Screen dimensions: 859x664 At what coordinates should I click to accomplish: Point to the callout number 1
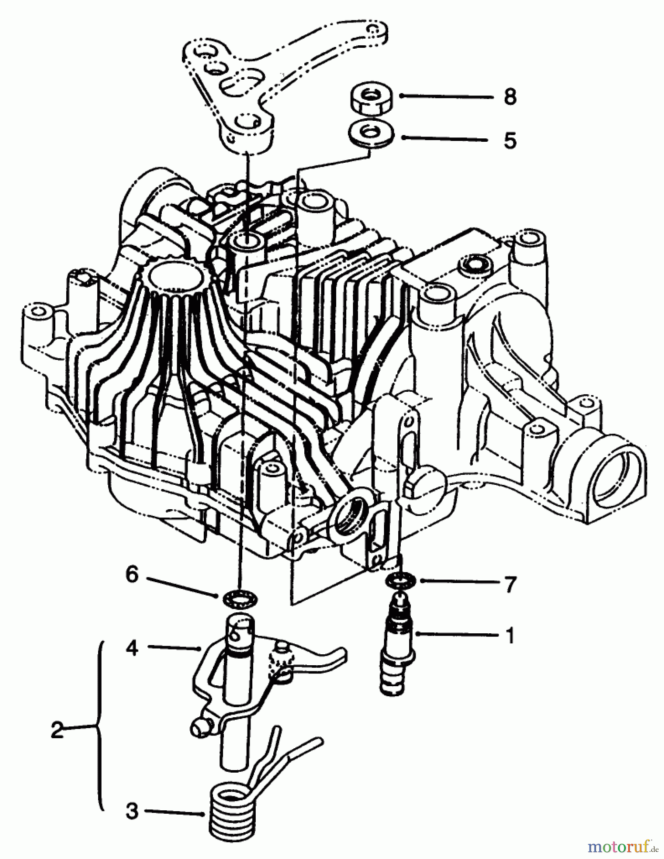509,636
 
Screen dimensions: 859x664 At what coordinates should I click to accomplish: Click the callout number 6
132,575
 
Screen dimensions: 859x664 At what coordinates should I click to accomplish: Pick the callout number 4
132,648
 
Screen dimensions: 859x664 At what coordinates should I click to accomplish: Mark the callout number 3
132,811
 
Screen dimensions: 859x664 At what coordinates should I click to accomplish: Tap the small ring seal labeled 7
400,581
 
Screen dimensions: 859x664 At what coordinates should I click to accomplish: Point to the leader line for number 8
446,96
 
